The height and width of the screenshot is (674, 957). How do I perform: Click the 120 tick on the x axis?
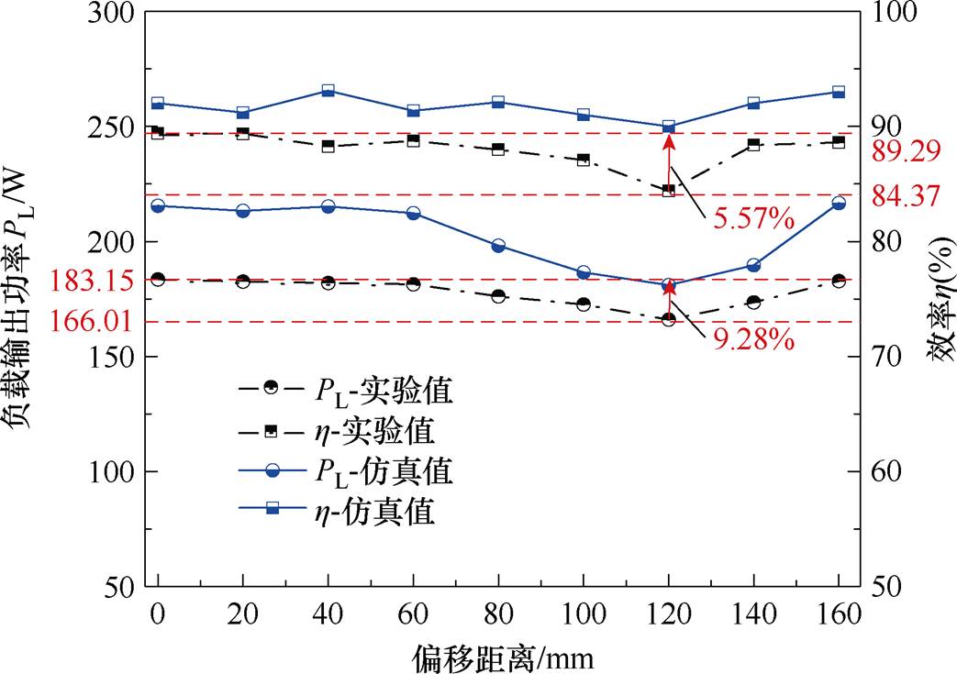[668, 612]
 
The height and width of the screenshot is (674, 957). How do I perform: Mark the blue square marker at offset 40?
[328, 92]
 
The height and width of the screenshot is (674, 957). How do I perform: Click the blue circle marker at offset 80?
[498, 246]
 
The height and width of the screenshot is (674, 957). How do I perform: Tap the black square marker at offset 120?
[669, 190]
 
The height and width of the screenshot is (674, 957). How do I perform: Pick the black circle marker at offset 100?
[584, 304]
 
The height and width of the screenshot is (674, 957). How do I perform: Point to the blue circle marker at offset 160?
[838, 203]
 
